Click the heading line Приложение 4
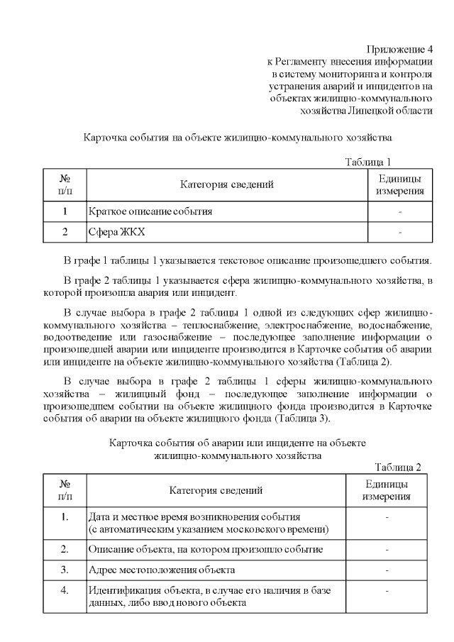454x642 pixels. [399, 49]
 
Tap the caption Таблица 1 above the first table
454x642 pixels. [367, 162]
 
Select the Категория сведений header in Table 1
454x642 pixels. [227, 184]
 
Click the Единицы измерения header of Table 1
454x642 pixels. [400, 184]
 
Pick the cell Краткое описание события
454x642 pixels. [150, 211]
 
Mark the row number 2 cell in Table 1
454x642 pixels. [65, 232]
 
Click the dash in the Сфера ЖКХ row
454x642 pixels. [400, 232]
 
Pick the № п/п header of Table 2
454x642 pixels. [65, 489]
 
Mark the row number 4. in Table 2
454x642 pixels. [65, 590]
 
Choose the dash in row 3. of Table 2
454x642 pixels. [387, 570]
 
